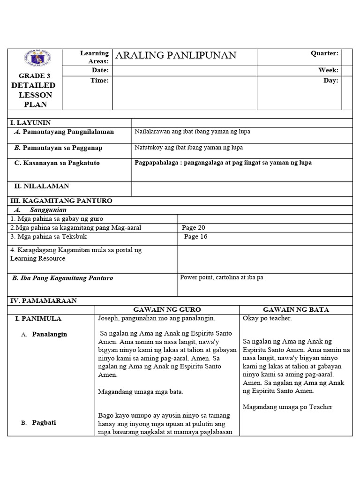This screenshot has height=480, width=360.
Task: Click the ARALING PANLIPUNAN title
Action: (x=176, y=56)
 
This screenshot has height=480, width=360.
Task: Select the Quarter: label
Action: (x=324, y=53)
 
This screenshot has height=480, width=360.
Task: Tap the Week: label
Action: (x=328, y=70)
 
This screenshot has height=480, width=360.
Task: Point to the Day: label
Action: (x=330, y=81)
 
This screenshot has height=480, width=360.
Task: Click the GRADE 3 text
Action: (x=34, y=76)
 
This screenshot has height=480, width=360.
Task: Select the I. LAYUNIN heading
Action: (x=30, y=123)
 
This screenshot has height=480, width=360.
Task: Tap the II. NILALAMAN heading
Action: (x=39, y=186)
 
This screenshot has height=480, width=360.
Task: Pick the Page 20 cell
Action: (x=194, y=228)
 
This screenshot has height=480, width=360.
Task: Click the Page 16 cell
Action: (x=195, y=237)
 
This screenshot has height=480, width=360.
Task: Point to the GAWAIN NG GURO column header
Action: (x=167, y=310)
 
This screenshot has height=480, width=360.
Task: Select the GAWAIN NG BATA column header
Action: (x=296, y=310)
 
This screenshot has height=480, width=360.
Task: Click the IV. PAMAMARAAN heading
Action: (x=44, y=300)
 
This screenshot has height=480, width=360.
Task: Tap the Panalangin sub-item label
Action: (x=49, y=334)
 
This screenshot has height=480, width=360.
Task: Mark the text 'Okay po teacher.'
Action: (x=267, y=319)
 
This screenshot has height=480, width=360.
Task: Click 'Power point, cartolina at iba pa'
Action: (x=221, y=277)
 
